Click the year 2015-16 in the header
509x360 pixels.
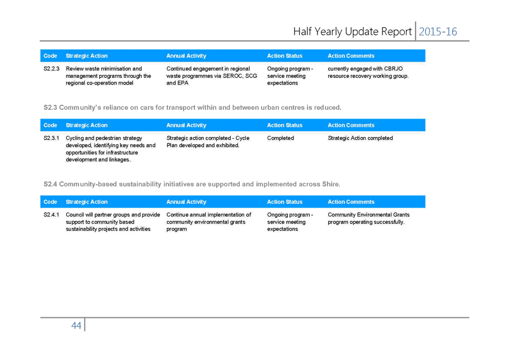click(437, 31)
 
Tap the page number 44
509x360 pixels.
click(76, 325)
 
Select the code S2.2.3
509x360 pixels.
click(52, 69)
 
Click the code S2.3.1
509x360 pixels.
click(52, 138)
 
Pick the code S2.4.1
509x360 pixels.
click(52, 215)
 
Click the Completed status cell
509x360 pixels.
click(281, 138)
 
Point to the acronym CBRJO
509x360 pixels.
click(394, 69)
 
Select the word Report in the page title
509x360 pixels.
click(396, 32)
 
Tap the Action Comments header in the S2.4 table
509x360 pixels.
click(351, 202)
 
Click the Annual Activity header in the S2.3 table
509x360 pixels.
click(186, 125)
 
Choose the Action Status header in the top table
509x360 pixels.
click(284, 56)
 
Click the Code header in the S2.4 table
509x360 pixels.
click(50, 202)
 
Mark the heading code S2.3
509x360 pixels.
click(50, 107)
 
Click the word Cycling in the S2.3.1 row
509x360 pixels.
click(74, 138)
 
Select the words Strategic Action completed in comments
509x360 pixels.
click(360, 138)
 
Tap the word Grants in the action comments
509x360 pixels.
click(401, 215)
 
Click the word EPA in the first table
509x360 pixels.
click(183, 83)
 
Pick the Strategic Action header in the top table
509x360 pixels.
click(87, 56)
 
